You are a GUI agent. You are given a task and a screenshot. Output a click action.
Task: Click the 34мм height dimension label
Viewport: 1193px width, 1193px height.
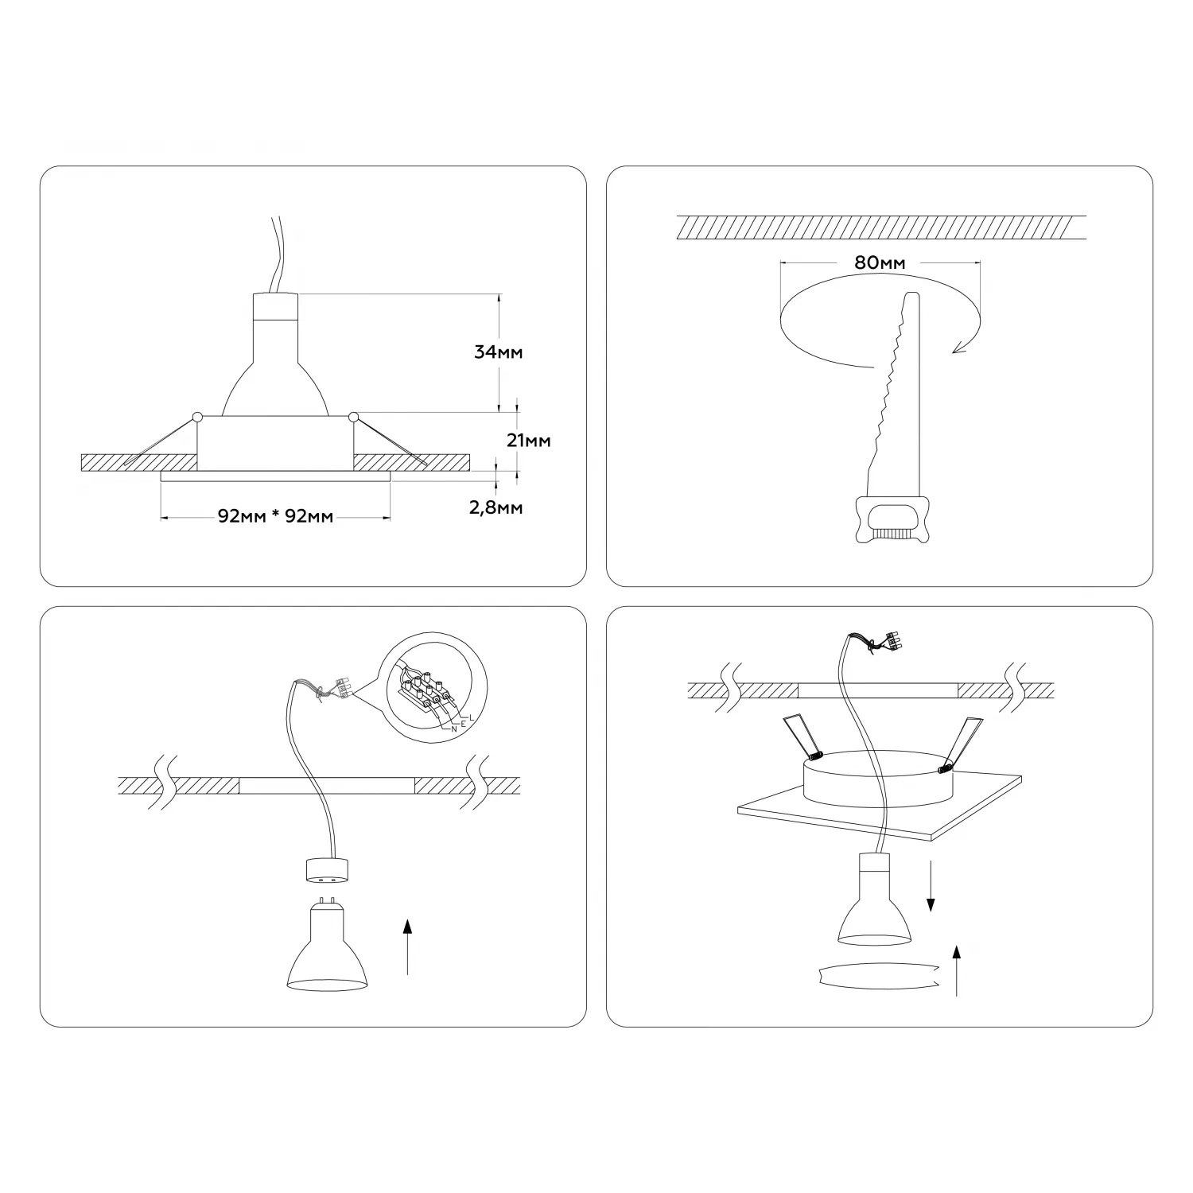click(499, 352)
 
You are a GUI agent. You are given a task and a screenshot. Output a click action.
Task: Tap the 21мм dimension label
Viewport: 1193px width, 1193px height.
click(528, 440)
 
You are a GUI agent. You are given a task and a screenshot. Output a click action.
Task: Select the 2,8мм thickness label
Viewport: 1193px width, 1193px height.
click(496, 507)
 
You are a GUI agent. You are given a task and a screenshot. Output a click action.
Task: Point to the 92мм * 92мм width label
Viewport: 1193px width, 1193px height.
click(275, 516)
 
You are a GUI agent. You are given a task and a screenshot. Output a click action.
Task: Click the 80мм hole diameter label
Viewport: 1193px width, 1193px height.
click(880, 262)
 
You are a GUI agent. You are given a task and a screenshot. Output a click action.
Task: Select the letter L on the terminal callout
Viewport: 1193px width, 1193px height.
click(472, 717)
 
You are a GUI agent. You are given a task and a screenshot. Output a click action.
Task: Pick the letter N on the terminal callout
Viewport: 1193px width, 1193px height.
click(454, 728)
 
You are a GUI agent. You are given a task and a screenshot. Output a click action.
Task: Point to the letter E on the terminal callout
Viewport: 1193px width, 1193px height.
click(463, 723)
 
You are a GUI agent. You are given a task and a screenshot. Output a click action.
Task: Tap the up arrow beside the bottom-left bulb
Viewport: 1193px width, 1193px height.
click(407, 946)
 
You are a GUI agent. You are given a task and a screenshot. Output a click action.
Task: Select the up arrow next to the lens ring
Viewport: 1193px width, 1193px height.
click(957, 970)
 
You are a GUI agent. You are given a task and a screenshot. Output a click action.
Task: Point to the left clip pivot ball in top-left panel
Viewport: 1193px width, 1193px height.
click(197, 416)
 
